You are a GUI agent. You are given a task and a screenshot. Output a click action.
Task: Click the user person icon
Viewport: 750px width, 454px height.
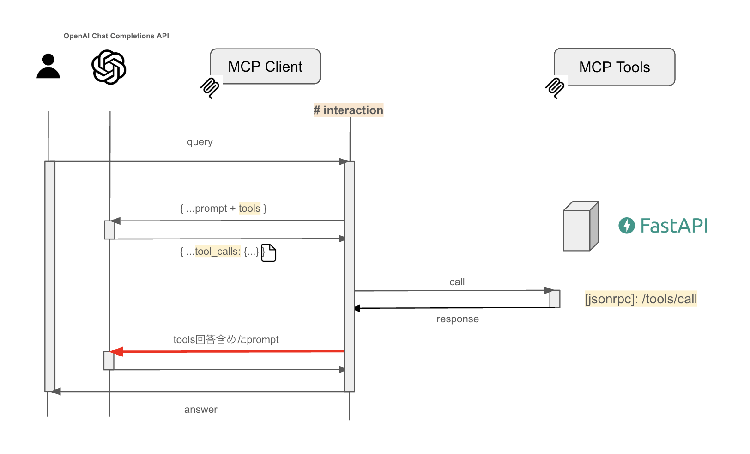click(x=48, y=67)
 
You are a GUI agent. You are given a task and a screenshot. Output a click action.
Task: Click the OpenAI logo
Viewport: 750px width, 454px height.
click(x=109, y=67)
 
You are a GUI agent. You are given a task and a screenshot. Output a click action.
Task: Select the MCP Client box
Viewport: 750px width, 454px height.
click(x=265, y=67)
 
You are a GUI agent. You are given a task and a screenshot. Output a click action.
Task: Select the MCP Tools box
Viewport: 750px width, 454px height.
click(x=614, y=67)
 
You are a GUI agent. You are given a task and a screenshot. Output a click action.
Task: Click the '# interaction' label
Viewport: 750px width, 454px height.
click(x=348, y=110)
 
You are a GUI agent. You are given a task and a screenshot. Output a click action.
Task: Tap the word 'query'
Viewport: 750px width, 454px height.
click(x=200, y=142)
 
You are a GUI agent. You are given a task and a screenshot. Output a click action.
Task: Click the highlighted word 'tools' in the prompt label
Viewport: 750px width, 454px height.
click(x=249, y=209)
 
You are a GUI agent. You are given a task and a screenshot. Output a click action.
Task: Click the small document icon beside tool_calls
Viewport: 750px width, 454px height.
click(x=269, y=253)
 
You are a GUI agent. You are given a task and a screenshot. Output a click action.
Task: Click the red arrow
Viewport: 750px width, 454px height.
click(x=226, y=352)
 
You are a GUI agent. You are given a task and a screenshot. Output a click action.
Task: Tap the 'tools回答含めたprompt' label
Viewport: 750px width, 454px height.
click(x=226, y=340)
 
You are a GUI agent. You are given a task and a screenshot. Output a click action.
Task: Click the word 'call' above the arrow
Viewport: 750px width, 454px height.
click(x=457, y=282)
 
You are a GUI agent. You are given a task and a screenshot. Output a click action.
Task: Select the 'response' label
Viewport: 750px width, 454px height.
click(x=457, y=319)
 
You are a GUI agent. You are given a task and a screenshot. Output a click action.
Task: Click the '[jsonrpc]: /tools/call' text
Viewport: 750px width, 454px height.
click(x=641, y=299)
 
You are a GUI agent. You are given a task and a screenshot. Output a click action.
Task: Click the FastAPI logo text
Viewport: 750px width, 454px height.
click(x=673, y=226)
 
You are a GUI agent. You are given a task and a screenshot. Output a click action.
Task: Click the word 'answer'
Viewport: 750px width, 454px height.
click(x=200, y=410)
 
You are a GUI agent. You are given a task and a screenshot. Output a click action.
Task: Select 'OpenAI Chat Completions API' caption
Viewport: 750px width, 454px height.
click(x=116, y=36)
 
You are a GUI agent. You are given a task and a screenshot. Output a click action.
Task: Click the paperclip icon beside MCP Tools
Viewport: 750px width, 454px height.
click(x=555, y=87)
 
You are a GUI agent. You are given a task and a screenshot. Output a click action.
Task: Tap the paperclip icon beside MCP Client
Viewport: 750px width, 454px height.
click(x=210, y=87)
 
